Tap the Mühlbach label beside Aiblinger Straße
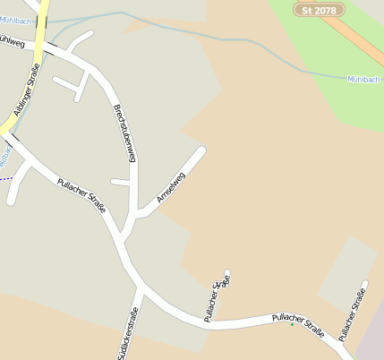[15, 19]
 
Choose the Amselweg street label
[170, 186]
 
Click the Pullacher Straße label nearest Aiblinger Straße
[81, 194]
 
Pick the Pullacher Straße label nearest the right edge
[353, 312]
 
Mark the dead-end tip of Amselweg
[202, 150]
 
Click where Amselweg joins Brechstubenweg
[137, 216]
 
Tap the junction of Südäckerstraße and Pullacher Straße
[141, 289]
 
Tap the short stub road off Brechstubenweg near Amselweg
[120, 182]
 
